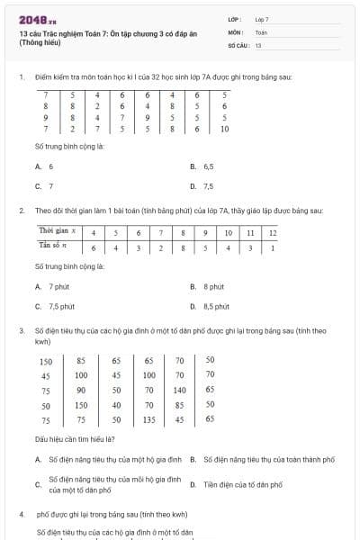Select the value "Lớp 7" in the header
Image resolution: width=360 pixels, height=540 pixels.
262,19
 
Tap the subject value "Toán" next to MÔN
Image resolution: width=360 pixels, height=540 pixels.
261,31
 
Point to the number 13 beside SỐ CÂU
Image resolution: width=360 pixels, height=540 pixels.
258,44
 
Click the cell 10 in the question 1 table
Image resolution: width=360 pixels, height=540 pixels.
224,129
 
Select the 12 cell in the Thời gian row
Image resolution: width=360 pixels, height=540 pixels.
273,232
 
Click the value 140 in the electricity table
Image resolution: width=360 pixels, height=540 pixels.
180,391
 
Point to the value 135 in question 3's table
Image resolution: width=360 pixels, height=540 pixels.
148,419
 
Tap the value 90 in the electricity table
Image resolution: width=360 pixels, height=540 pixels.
81,391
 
